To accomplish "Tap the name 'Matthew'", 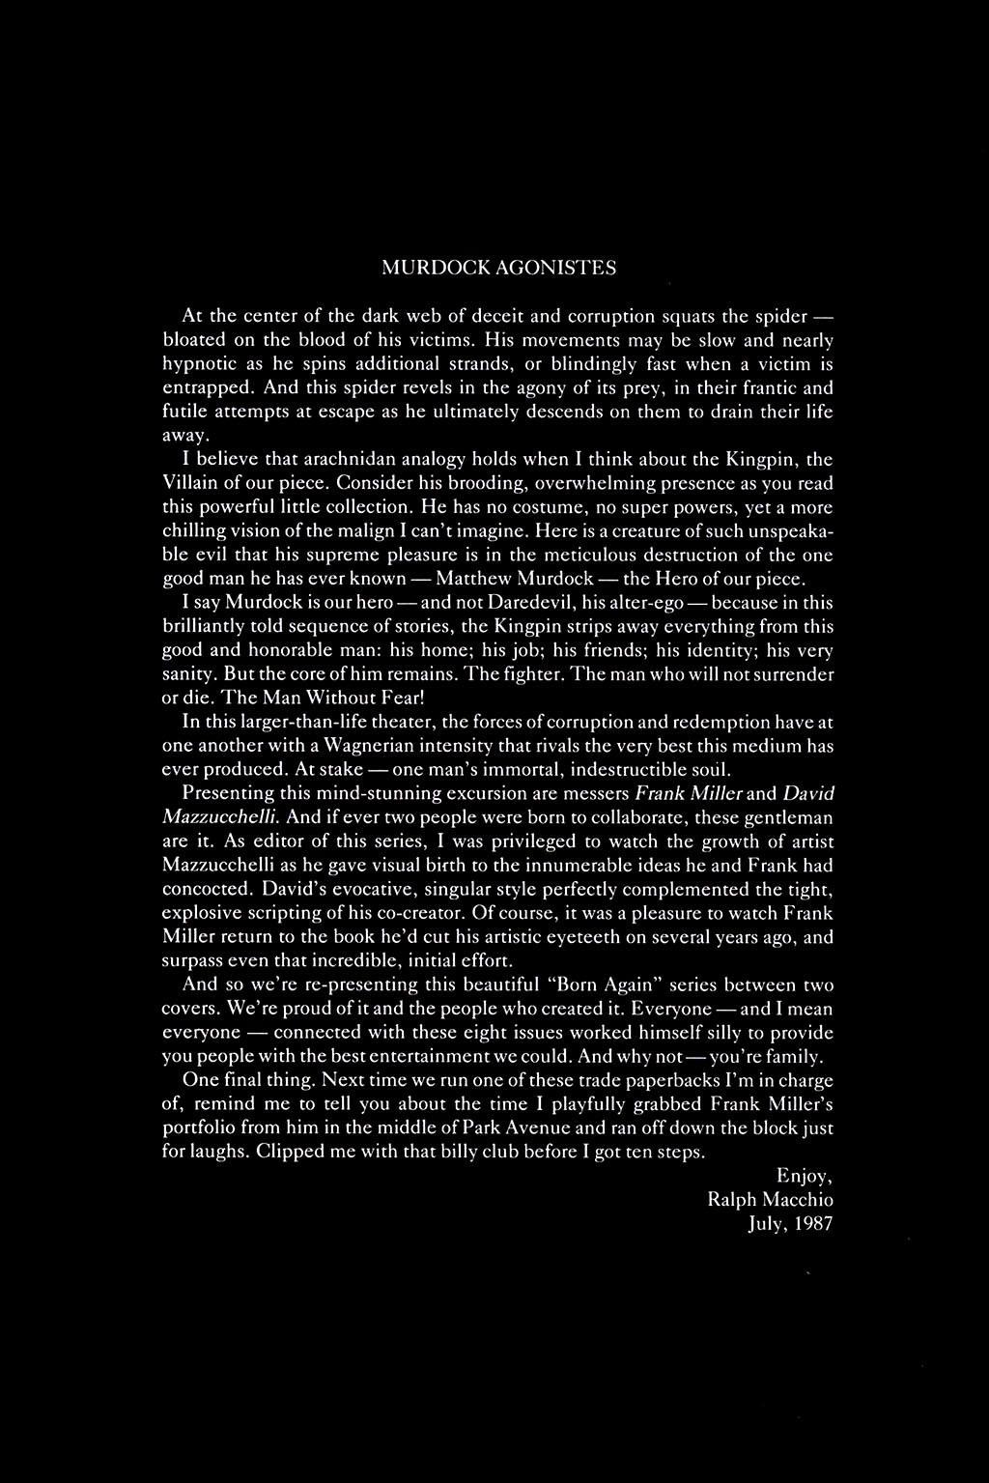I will pos(472,579).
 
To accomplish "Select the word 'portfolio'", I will pos(196,1128).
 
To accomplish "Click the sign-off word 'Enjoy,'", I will pos(804,1176).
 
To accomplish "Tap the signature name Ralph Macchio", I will pos(770,1200).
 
